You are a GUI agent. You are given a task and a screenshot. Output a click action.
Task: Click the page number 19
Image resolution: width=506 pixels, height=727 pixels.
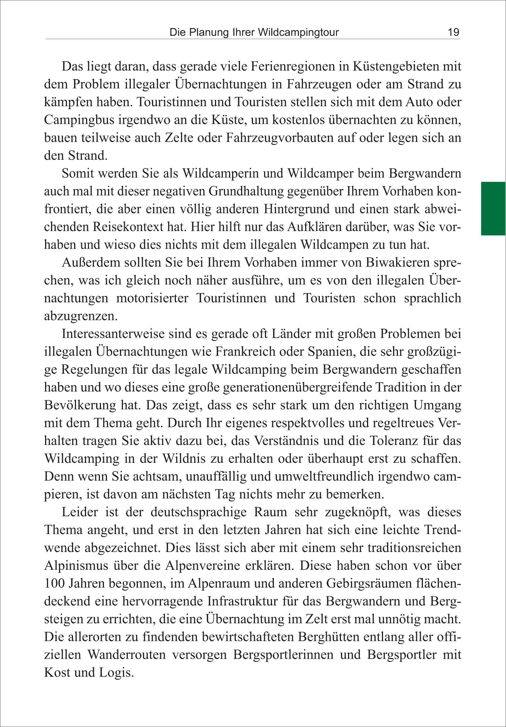click(x=453, y=32)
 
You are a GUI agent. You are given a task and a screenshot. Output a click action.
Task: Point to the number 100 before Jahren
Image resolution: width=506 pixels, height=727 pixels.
click(x=54, y=583)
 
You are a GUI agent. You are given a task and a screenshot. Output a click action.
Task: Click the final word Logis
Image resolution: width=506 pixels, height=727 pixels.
click(x=116, y=673)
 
